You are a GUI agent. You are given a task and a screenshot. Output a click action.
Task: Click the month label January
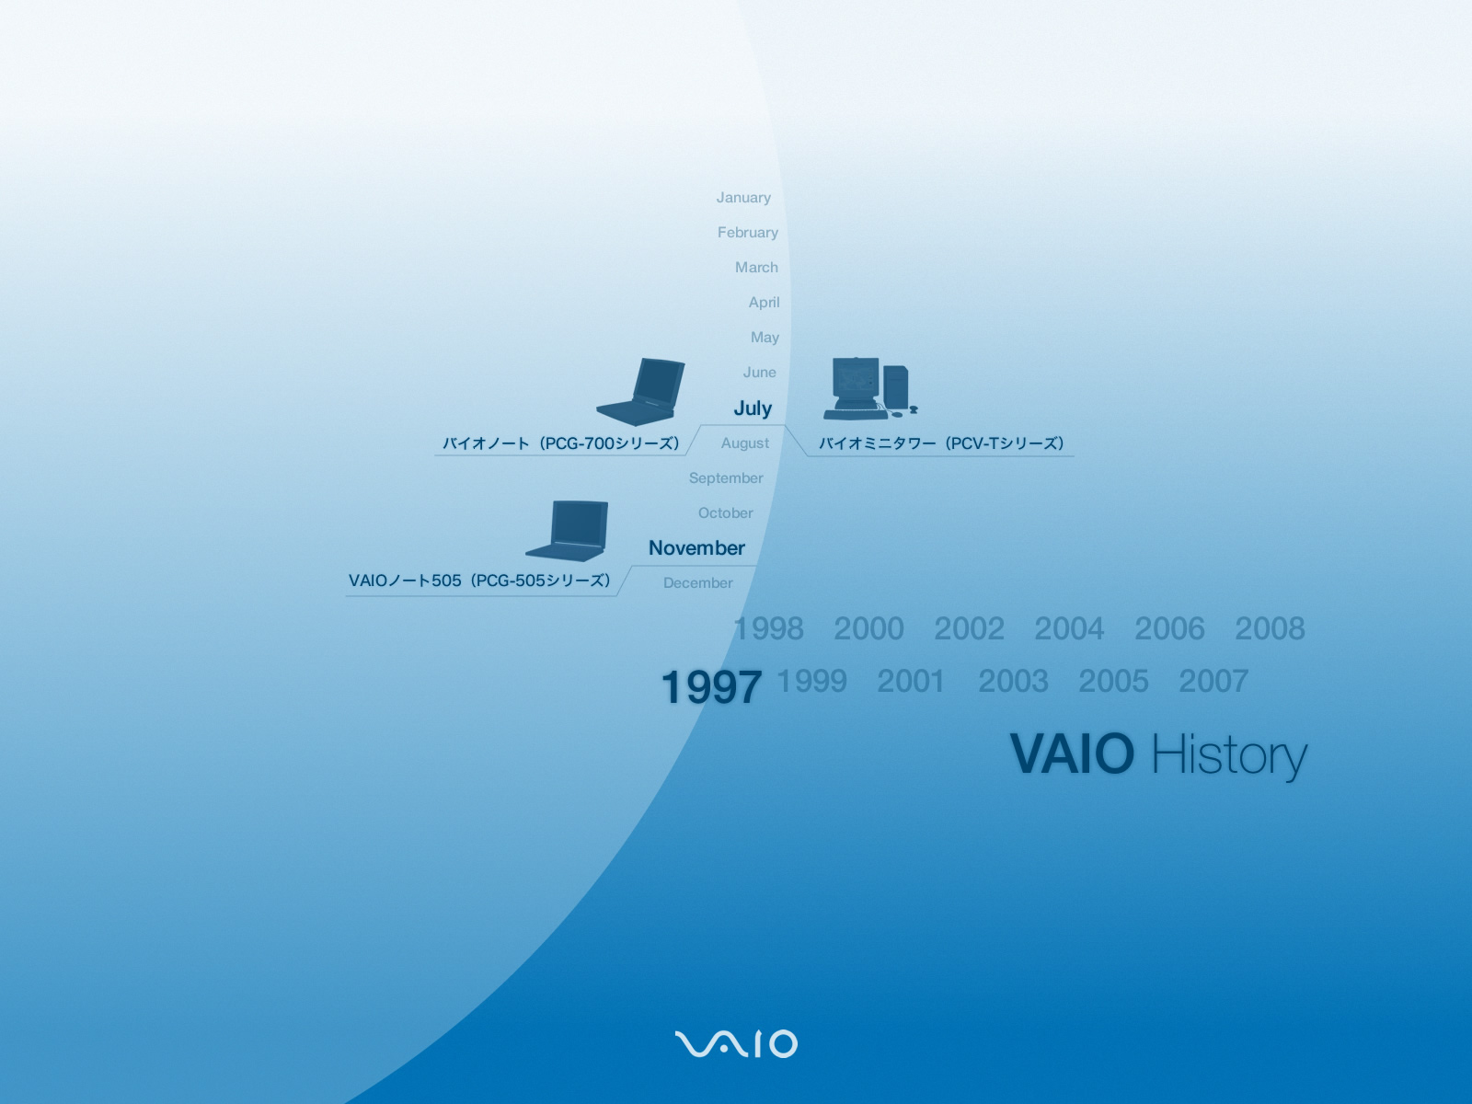(743, 198)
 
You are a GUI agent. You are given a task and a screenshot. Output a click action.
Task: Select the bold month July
(753, 408)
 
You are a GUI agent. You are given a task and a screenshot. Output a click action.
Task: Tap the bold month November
(696, 548)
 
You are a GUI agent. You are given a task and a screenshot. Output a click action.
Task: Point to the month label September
(726, 478)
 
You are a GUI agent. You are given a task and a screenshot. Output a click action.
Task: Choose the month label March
(756, 268)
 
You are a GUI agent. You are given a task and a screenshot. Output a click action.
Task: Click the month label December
(697, 583)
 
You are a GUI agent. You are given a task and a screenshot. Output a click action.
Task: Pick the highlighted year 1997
(711, 687)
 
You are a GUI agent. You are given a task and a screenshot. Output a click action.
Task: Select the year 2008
(1270, 628)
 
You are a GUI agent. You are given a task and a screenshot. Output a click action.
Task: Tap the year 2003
(1013, 681)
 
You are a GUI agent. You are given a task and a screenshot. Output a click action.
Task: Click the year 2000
(868, 628)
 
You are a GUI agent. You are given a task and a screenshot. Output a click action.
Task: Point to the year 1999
(811, 681)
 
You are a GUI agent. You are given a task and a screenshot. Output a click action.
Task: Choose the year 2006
(1169, 628)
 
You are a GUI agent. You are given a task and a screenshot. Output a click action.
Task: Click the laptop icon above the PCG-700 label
(640, 392)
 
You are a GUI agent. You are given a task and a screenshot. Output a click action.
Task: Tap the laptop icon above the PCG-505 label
(568, 531)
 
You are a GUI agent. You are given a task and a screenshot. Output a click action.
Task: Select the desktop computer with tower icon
(869, 389)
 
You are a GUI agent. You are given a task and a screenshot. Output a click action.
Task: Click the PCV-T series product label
(941, 443)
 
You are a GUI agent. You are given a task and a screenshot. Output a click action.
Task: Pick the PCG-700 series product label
(560, 443)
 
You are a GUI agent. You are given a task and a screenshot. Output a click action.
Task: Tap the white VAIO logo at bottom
(736, 1043)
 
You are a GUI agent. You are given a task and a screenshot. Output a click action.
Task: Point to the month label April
(764, 303)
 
